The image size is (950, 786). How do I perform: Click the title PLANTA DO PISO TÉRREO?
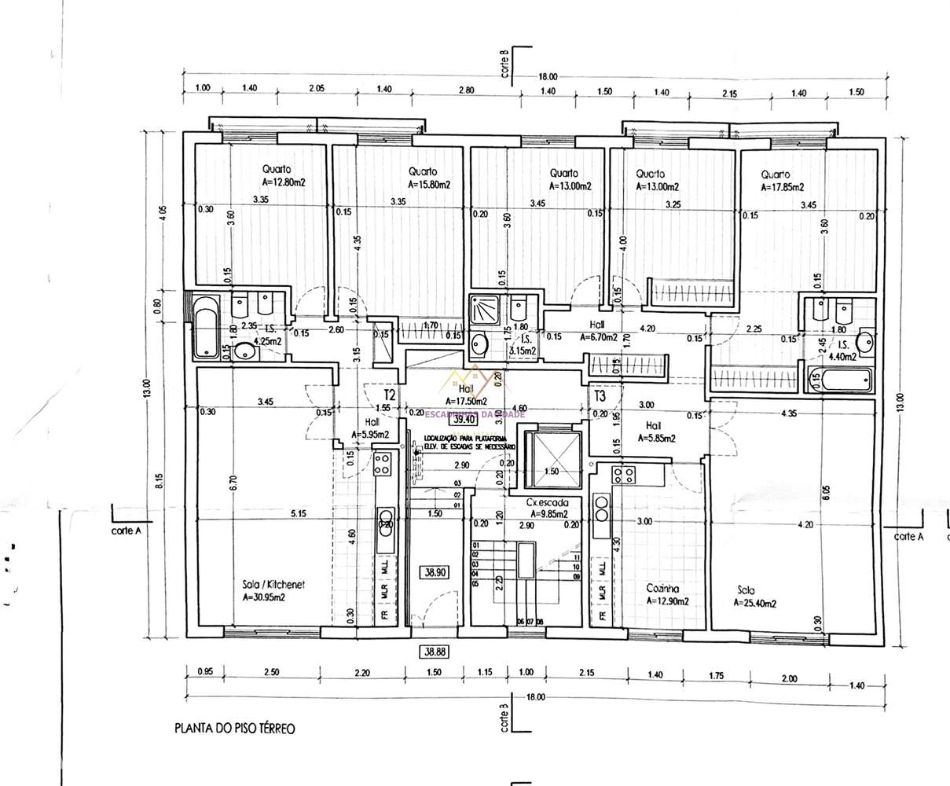coord(234,729)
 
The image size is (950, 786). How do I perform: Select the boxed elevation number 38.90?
coord(433,573)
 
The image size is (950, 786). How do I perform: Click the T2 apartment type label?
coord(389,393)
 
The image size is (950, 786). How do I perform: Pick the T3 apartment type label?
coord(600,395)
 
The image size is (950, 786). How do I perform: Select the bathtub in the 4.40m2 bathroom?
coord(844,381)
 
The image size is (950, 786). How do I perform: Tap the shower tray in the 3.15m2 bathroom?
coord(480,309)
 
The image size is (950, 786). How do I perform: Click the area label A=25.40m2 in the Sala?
coord(755,604)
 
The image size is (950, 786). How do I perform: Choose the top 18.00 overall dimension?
coord(548,76)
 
